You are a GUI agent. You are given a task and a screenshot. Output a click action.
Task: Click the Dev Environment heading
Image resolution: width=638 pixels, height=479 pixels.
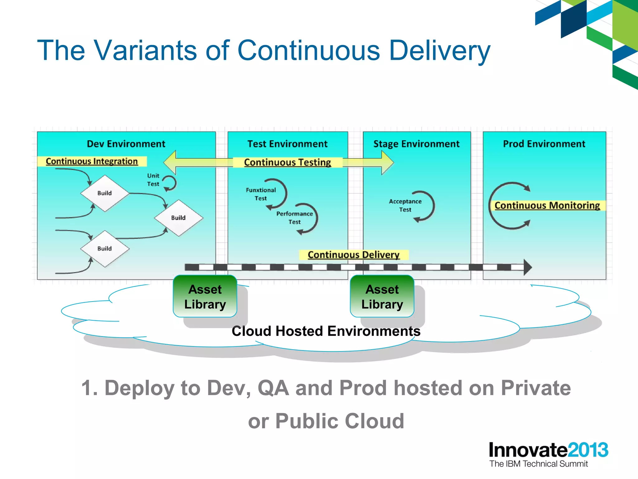126,144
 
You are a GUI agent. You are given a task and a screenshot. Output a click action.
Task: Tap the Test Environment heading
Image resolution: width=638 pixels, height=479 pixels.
287,144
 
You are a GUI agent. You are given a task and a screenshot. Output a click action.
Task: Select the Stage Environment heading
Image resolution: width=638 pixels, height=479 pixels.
416,144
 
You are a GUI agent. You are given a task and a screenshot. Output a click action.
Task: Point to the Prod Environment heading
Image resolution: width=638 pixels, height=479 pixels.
544,144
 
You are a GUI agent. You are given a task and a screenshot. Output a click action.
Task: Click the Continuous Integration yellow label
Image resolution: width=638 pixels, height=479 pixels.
92,161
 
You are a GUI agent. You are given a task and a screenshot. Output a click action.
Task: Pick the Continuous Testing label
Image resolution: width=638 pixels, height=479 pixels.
287,162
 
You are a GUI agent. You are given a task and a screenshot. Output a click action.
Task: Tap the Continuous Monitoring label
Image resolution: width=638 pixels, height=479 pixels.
547,205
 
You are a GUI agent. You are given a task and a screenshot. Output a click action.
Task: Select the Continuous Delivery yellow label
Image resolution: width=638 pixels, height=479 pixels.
353,254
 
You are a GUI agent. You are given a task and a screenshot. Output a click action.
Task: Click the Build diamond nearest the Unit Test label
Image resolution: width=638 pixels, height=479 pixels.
105,193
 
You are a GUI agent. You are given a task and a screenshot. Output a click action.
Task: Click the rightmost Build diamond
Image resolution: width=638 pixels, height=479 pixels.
179,218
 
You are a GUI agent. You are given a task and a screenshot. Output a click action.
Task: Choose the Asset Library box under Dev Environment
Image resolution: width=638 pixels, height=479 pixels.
205,297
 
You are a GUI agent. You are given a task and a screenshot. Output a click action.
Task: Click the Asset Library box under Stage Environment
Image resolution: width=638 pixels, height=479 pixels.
382,297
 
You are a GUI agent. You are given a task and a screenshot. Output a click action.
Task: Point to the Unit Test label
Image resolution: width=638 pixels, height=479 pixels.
153,180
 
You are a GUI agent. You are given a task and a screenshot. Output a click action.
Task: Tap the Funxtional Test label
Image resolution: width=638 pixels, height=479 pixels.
261,194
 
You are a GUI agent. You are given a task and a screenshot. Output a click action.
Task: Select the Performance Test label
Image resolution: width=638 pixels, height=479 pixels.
294,218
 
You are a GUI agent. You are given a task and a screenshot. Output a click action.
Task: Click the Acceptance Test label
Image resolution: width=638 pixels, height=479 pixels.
405,205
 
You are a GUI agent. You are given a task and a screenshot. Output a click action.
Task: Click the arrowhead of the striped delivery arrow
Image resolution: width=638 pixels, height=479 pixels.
527,267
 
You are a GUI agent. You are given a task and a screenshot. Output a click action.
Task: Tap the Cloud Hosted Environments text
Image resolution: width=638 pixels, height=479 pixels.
326,331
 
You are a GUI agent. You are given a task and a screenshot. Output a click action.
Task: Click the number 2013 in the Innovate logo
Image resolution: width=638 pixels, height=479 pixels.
588,450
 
